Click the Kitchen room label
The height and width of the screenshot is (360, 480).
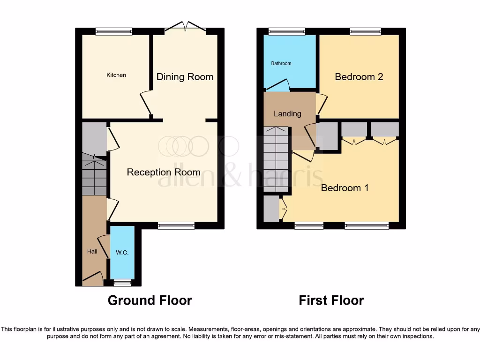116,75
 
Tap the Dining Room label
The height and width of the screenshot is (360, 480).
185,77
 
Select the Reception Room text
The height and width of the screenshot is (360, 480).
164,172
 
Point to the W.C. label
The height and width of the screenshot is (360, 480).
122,253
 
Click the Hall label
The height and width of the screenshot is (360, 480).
92,252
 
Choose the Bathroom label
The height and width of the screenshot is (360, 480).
281,63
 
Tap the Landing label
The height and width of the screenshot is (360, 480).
287,114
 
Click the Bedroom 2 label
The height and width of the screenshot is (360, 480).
359,77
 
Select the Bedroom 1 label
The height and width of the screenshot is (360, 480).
345,188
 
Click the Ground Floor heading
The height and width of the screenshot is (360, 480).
150,300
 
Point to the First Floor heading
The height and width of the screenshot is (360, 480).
331,300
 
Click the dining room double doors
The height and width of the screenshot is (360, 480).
185,27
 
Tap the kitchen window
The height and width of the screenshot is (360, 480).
114,31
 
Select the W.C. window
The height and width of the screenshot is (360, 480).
123,283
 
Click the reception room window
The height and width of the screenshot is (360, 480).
176,225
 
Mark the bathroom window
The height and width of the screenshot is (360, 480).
287,31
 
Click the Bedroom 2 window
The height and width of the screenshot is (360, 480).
365,31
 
